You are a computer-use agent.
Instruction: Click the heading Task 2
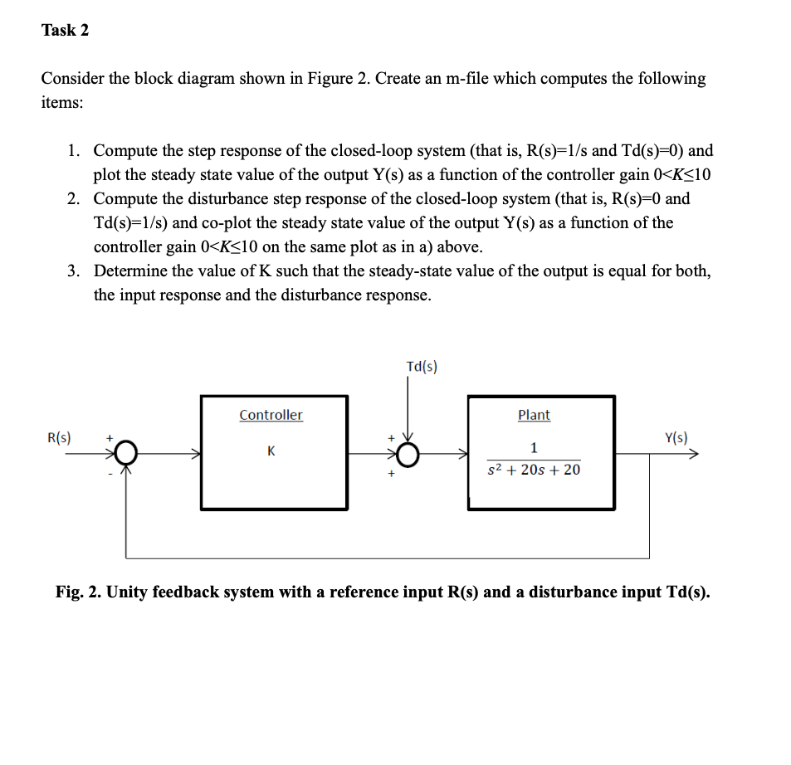pyautogui.click(x=65, y=31)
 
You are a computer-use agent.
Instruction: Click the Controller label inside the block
pyautogui.click(x=271, y=415)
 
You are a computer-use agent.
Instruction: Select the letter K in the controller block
pyautogui.click(x=271, y=451)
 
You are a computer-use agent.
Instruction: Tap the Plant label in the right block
pyautogui.click(x=534, y=415)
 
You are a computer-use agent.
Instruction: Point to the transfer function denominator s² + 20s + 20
pyautogui.click(x=534, y=470)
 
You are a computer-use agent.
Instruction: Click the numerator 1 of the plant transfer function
pyautogui.click(x=534, y=448)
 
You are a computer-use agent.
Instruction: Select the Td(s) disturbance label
pyautogui.click(x=422, y=366)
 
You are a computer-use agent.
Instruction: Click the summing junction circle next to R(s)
pyautogui.click(x=126, y=454)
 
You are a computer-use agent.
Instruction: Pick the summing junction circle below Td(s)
pyautogui.click(x=407, y=454)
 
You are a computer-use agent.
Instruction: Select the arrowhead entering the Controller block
pyautogui.click(x=197, y=454)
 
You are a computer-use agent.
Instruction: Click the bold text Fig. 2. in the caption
pyautogui.click(x=78, y=592)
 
